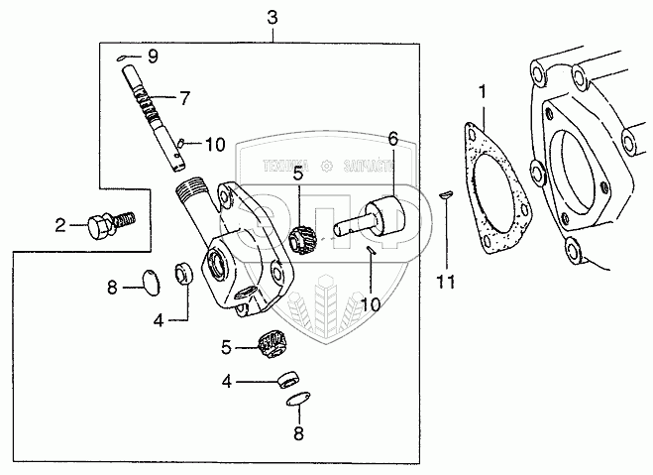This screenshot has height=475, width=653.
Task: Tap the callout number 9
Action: pyautogui.click(x=153, y=54)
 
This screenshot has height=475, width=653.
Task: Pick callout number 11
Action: pyautogui.click(x=447, y=283)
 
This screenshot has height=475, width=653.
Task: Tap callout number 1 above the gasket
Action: pyautogui.click(x=482, y=94)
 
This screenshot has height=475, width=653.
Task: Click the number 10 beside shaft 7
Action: pyautogui.click(x=215, y=145)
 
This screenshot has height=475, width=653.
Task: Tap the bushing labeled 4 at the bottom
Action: pyautogui.click(x=286, y=377)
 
